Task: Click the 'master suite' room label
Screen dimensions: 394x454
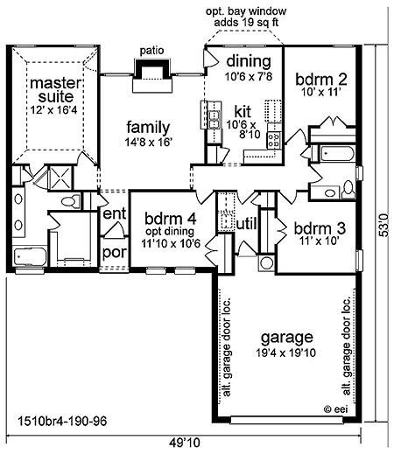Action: [55, 90]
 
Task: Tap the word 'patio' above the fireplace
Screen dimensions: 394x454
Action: [151, 51]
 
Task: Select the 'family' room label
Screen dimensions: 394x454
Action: [148, 128]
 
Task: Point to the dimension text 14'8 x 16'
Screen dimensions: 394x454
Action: [148, 143]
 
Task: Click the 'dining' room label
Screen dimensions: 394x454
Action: [249, 61]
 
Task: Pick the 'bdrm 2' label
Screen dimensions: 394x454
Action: [321, 80]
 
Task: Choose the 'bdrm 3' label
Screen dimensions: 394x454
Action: [320, 228]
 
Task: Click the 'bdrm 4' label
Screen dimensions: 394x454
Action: [171, 219]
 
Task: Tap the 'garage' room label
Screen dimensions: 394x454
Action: [286, 338]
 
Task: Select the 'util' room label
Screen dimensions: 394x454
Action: [247, 224]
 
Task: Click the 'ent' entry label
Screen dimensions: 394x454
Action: [115, 213]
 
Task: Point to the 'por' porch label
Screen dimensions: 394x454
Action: [115, 253]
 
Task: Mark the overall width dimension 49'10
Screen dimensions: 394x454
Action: [185, 443]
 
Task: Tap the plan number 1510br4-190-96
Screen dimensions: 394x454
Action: [62, 421]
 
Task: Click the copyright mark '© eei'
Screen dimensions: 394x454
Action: [336, 409]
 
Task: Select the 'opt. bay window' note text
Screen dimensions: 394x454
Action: [246, 11]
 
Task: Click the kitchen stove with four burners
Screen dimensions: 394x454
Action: [274, 140]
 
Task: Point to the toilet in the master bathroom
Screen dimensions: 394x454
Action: [70, 201]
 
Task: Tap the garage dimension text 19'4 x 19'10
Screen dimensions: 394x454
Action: [286, 353]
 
